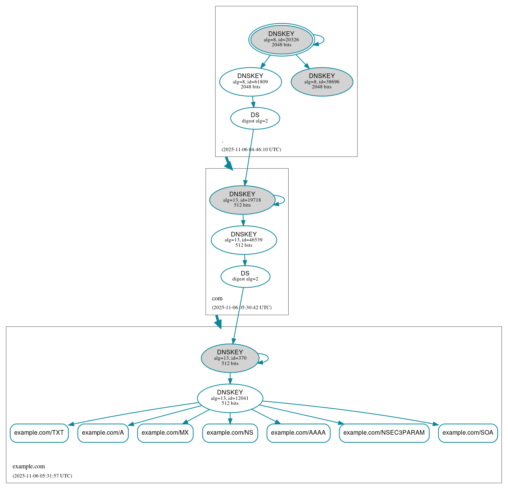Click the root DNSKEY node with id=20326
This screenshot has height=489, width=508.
click(x=281, y=39)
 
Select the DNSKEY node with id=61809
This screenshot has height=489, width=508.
click(x=250, y=81)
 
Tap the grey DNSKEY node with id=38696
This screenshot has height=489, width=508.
click(x=322, y=81)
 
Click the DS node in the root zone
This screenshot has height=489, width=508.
click(x=255, y=118)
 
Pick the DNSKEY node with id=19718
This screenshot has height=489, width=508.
click(x=242, y=200)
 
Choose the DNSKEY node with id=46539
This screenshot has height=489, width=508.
click(x=243, y=240)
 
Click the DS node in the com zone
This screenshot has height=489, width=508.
click(x=245, y=276)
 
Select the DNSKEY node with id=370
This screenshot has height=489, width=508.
click(x=230, y=358)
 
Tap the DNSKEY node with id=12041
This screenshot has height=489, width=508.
click(x=230, y=398)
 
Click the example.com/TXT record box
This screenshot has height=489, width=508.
click(x=39, y=433)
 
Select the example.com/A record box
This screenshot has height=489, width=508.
click(x=103, y=433)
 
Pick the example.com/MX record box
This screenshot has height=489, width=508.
click(x=165, y=433)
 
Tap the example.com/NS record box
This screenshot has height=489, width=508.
click(x=230, y=433)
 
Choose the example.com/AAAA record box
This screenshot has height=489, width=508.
click(x=298, y=433)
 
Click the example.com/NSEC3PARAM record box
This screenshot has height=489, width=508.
click(x=384, y=433)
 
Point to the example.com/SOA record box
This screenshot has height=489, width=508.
click(x=468, y=433)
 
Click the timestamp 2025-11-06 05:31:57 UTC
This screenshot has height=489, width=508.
click(x=42, y=476)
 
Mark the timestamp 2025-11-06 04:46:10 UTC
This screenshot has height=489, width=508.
click(x=251, y=150)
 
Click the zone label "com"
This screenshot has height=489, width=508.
click(x=217, y=298)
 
